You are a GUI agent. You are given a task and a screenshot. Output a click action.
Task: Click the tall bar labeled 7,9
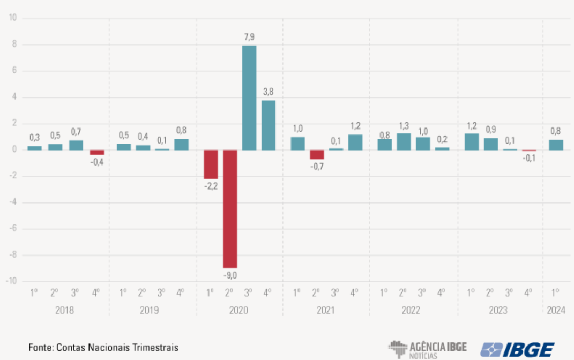249,97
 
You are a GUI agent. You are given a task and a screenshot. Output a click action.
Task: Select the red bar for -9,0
230,209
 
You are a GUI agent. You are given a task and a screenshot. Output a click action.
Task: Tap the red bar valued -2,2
211,164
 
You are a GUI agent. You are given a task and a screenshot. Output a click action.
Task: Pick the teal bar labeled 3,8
269,125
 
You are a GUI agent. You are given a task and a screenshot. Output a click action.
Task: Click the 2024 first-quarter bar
556,145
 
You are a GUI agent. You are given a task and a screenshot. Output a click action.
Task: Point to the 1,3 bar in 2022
404,141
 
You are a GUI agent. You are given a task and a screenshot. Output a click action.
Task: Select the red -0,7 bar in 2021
317,154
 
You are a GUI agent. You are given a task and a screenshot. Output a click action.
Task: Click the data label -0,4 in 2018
97,162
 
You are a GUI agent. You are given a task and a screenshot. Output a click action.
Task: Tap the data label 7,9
249,37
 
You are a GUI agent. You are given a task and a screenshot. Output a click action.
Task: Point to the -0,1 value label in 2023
529,158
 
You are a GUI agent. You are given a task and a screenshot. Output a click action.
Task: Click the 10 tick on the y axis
13,18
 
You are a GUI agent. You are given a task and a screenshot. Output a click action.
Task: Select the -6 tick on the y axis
13,228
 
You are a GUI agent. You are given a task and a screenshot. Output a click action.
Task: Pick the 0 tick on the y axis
14,149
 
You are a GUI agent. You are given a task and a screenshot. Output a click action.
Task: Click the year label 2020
238,310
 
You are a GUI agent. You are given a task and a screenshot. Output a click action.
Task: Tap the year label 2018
64,310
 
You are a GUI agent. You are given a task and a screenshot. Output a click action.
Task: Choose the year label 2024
556,310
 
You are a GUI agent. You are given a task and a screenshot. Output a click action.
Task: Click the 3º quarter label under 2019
161,292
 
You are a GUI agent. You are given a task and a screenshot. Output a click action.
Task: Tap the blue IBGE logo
517,349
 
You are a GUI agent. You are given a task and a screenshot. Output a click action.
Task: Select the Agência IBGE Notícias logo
428,349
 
